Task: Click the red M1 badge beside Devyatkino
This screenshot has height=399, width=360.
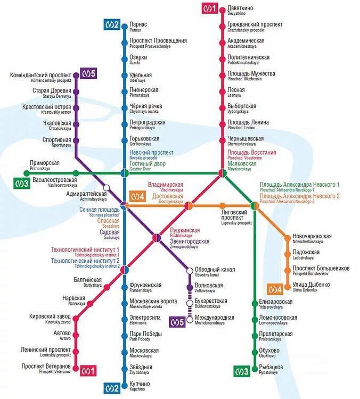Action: click(209, 9)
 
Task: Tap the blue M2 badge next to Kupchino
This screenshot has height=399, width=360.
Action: click(112, 387)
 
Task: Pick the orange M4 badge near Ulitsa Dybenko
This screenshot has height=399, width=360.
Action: click(275, 289)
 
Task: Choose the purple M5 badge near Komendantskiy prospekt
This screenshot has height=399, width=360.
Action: click(88, 74)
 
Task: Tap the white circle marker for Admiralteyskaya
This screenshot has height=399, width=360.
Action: click(107, 187)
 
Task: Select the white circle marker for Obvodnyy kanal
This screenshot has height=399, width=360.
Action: click(189, 271)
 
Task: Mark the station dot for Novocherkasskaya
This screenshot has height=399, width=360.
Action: click(288, 238)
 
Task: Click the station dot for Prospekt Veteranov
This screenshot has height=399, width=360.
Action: click(75, 368)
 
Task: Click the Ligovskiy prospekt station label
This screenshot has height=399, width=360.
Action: click(236, 220)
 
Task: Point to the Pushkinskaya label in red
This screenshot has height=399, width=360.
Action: click(184, 232)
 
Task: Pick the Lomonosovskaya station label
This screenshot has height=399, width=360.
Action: click(277, 320)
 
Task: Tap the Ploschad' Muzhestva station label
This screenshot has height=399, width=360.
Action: click(251, 75)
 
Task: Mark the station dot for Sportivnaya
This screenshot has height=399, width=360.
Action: click(76, 141)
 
